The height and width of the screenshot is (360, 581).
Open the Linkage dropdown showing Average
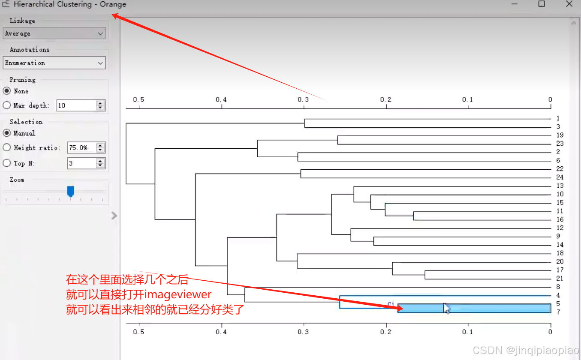pos(54,33)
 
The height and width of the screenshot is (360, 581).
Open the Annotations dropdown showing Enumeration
pos(54,63)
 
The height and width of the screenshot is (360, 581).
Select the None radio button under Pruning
pos(7,91)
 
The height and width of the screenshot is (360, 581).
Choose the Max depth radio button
pos(7,105)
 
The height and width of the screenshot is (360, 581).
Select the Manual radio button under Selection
pos(7,133)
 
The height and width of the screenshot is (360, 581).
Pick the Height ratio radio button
pos(7,147)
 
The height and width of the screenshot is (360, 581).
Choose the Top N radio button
pos(7,163)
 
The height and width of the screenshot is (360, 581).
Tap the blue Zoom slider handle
pos(71,191)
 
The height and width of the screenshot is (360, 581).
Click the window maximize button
pos(542,4)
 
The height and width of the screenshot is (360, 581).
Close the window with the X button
pos(569,4)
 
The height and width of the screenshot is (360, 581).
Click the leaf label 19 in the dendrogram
pos(560,135)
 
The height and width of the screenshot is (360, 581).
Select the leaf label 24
pos(560,177)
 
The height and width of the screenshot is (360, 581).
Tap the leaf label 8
pos(558,287)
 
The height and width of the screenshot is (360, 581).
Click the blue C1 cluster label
pos(391,304)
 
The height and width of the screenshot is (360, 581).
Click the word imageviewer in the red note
pos(178,295)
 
